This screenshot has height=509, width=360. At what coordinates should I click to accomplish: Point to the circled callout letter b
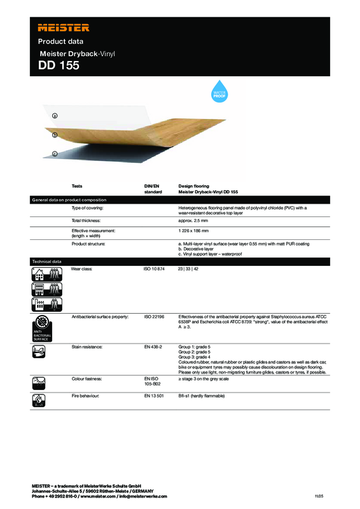[55, 135]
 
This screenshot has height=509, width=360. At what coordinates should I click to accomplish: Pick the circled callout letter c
[55, 154]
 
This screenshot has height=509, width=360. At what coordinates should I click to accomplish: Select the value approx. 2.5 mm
[195, 219]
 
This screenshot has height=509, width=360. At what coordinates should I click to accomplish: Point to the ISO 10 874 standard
[155, 270]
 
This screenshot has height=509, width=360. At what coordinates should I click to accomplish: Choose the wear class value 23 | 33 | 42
[189, 270]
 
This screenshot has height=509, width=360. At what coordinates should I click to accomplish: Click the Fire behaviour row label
[86, 396]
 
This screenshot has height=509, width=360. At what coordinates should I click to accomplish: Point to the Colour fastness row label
[88, 379]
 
